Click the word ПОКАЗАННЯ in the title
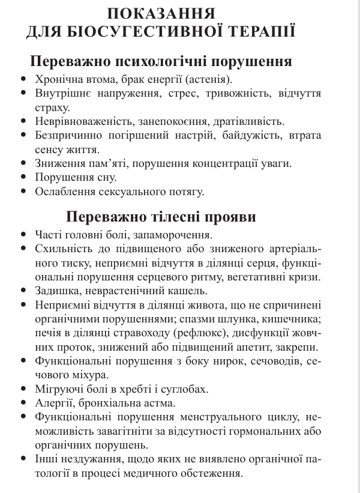coord(161,13)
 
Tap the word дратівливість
coord(234,121)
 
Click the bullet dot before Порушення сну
coord(23,178)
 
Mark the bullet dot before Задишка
coord(23,291)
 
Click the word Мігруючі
coord(59,389)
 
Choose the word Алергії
coord(55,403)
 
